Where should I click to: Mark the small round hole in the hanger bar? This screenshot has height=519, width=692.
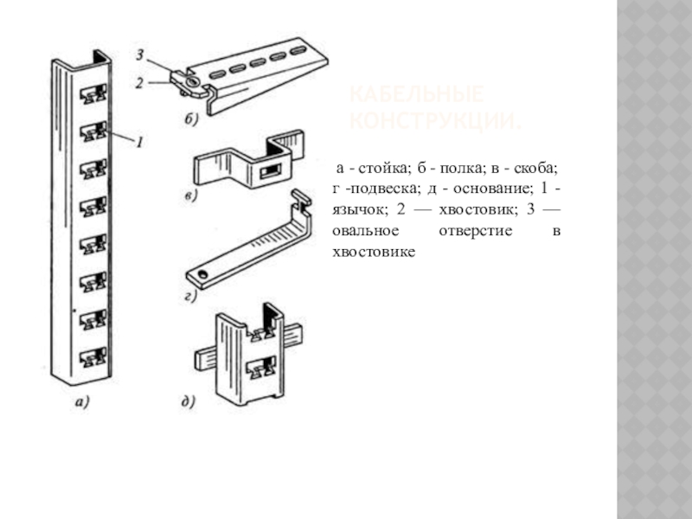tap(202, 274)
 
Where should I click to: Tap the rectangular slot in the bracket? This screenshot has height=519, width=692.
tap(272, 169)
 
